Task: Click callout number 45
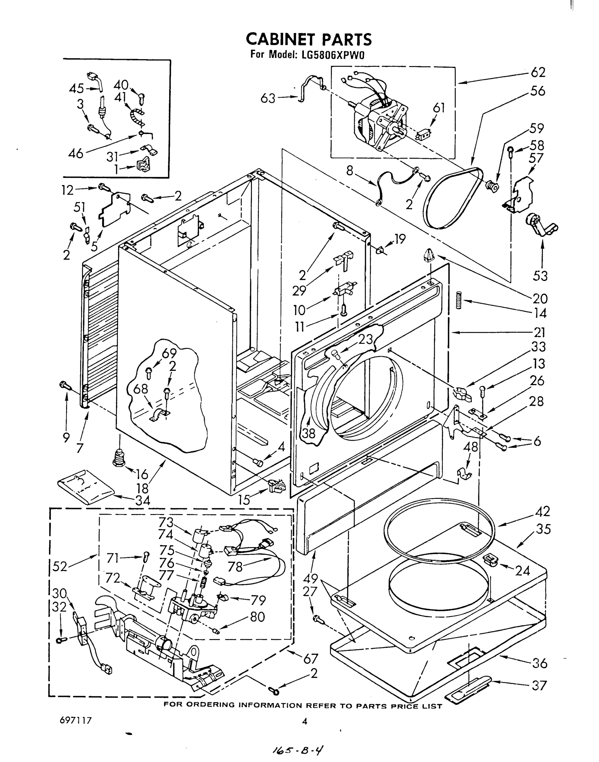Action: pos(76,88)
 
